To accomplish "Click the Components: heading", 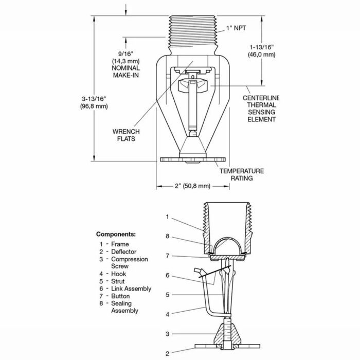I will coord(116,234).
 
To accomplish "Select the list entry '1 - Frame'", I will coord(114,244).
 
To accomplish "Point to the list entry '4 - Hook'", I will coord(113,274).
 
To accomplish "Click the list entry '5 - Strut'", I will coord(113,281).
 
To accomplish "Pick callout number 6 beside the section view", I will coord(167,275).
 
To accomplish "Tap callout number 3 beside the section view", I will coord(167,334).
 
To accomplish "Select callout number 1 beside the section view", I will coord(167,217).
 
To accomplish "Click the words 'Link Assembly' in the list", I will coord(131,289).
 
